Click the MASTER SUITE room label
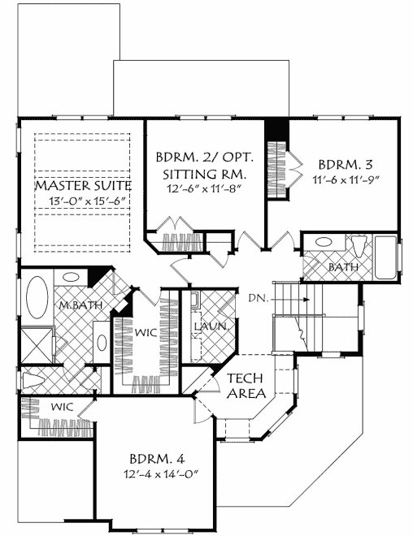pos(83,186)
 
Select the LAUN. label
pos(209,326)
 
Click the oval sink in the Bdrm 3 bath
pos(323,242)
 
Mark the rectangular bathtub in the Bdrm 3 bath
pos(387,260)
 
